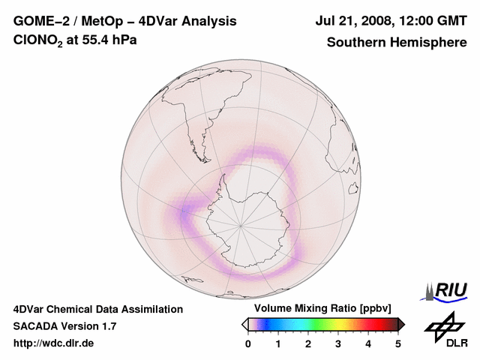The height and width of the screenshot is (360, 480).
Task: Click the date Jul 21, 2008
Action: pyautogui.click(x=356, y=21)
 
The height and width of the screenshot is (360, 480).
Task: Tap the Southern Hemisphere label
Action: pyautogui.click(x=397, y=42)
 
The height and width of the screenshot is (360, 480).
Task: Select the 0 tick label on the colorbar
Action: pyautogui.click(x=248, y=343)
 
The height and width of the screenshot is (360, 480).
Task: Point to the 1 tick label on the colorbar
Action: pyautogui.click(x=278, y=343)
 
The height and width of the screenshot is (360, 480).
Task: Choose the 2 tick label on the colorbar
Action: pyautogui.click(x=308, y=343)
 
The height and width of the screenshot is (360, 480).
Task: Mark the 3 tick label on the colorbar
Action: pyautogui.click(x=338, y=343)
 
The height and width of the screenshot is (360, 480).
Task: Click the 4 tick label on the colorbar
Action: pyautogui.click(x=368, y=343)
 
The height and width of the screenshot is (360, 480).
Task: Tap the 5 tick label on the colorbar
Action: pyautogui.click(x=398, y=343)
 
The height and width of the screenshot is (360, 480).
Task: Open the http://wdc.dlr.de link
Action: pyautogui.click(x=54, y=343)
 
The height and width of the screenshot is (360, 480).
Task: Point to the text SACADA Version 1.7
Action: pyautogui.click(x=64, y=326)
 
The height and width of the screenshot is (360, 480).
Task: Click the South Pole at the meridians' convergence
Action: pyautogui.click(x=241, y=224)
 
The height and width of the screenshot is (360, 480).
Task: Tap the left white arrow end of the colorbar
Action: pyautogui.click(x=244, y=324)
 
